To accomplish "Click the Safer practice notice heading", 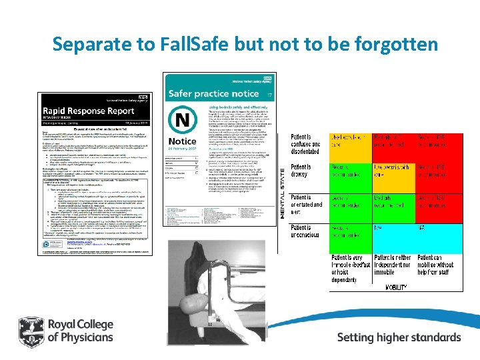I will pos(213,94).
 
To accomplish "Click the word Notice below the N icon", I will pos(182,141).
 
